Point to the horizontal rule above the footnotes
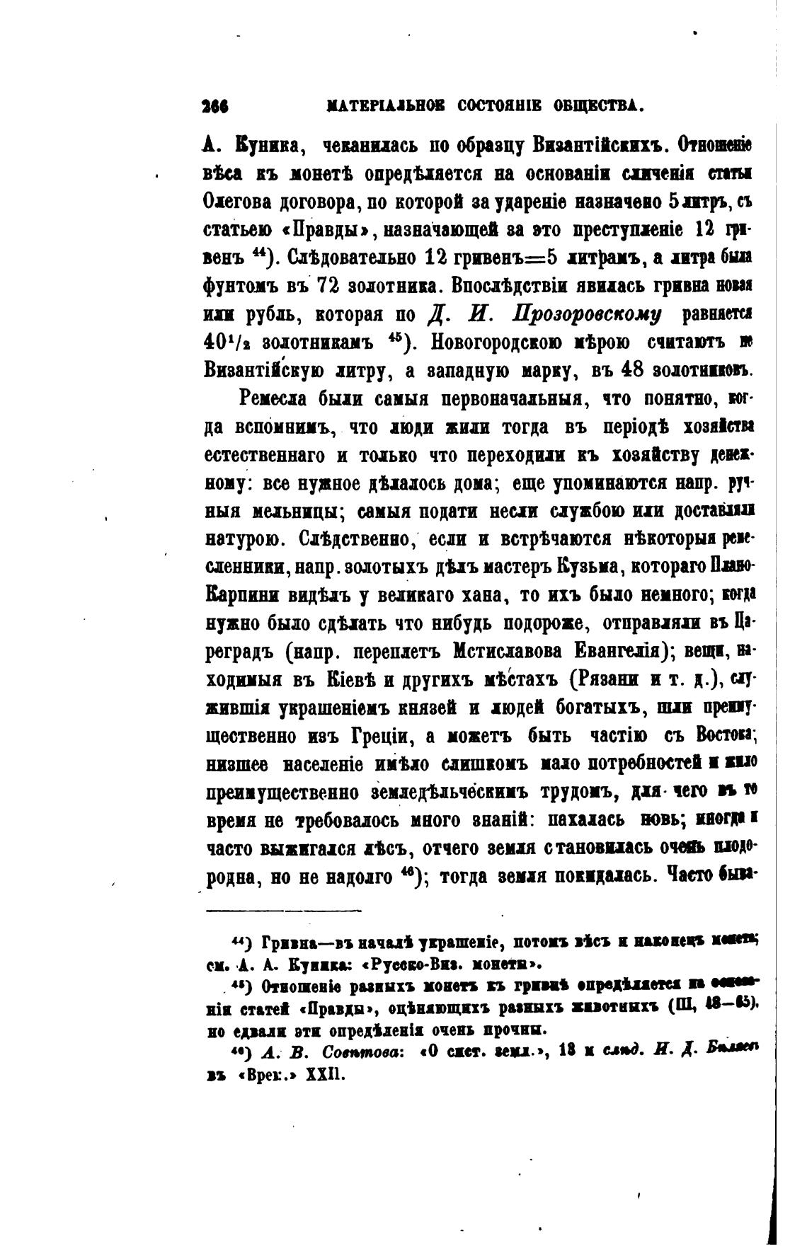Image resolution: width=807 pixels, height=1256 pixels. point(283,911)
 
